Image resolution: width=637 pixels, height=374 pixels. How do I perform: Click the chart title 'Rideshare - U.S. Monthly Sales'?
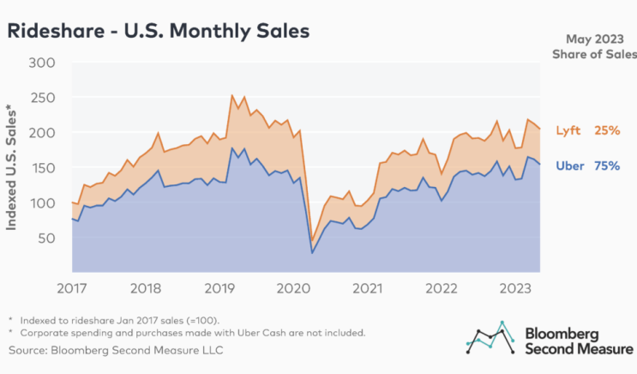point(159,31)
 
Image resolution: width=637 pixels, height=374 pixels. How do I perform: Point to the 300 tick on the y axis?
point(42,63)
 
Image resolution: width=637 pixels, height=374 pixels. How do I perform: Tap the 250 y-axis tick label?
point(42,98)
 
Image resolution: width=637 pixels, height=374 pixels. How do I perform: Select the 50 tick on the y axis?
point(46,238)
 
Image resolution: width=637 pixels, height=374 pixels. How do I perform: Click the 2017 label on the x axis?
point(72,288)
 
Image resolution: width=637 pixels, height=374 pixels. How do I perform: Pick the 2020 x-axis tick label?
point(293,288)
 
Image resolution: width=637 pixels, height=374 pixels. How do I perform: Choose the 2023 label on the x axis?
point(515,288)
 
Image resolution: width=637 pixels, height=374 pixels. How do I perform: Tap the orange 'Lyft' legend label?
point(568,130)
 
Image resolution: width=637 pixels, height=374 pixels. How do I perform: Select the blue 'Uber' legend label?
point(570,166)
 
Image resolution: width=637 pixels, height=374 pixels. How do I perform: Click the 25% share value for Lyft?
point(607,130)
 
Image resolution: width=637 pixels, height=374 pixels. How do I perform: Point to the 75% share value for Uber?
point(607,166)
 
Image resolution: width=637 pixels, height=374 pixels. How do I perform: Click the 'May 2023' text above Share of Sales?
point(595,39)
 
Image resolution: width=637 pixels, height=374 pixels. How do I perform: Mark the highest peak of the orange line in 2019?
point(231,95)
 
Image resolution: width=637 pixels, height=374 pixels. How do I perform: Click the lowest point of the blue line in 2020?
point(312,253)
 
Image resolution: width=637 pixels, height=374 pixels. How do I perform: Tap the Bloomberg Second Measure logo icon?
point(490,337)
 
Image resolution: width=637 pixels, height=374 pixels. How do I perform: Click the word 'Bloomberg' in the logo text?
point(562,335)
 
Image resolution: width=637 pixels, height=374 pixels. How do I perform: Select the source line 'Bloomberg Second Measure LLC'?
point(116,351)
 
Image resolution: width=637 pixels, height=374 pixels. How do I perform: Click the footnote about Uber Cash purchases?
point(193,333)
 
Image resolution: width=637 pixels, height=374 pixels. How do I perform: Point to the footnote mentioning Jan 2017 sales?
point(119,320)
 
